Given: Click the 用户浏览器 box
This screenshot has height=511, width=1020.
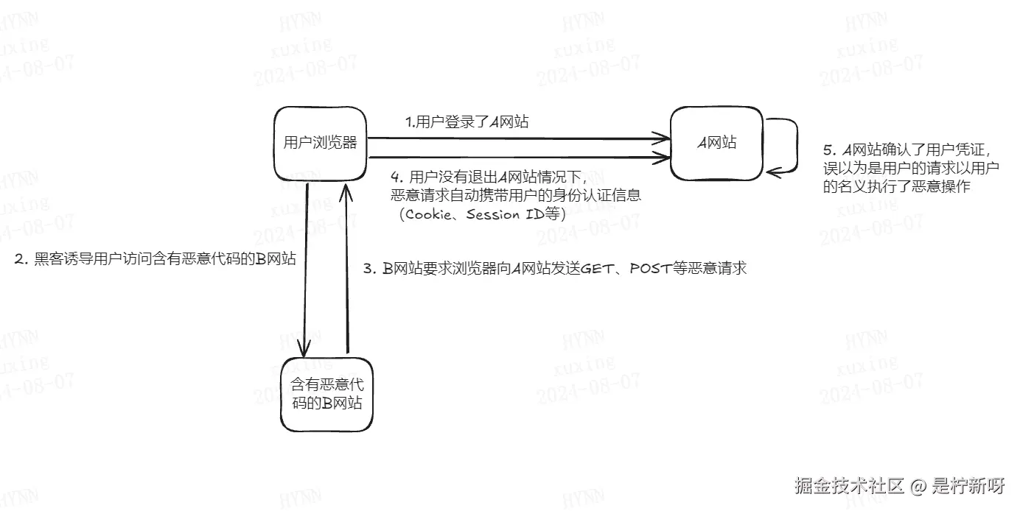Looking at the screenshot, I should (320, 143).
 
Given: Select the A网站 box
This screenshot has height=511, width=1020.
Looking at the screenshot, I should (716, 143).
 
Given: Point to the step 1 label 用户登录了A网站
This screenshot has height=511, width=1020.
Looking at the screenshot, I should (467, 122).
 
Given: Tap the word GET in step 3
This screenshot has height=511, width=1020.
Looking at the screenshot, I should (598, 268).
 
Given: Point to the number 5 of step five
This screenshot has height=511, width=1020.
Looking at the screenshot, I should (827, 151).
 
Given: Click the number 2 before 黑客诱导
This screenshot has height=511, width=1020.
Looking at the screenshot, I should (21, 261).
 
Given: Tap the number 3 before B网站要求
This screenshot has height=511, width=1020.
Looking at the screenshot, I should (368, 268).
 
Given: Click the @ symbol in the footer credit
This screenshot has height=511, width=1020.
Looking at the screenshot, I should (917, 486).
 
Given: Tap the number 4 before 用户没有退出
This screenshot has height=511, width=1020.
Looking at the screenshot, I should (395, 177).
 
